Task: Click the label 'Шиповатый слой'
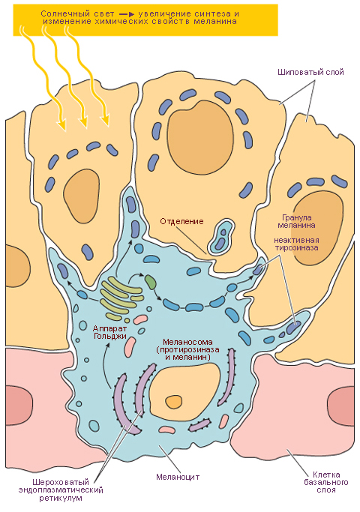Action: (310, 72)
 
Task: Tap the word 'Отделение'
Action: (181, 221)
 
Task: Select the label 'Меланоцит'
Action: (178, 477)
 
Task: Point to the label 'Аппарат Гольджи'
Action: (109, 332)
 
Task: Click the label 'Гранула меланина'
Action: (296, 221)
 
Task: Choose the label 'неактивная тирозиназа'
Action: (296, 244)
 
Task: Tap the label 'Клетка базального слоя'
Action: (326, 482)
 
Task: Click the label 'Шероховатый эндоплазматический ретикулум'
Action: (61, 490)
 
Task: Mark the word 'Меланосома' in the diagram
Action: (187, 342)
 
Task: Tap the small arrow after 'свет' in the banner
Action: (127, 14)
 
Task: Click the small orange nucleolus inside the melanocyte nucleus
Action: (173, 401)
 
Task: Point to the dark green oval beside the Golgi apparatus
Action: (151, 282)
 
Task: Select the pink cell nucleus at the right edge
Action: (340, 406)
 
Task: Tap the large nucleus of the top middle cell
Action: (200, 141)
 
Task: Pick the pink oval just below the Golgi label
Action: (130, 347)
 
